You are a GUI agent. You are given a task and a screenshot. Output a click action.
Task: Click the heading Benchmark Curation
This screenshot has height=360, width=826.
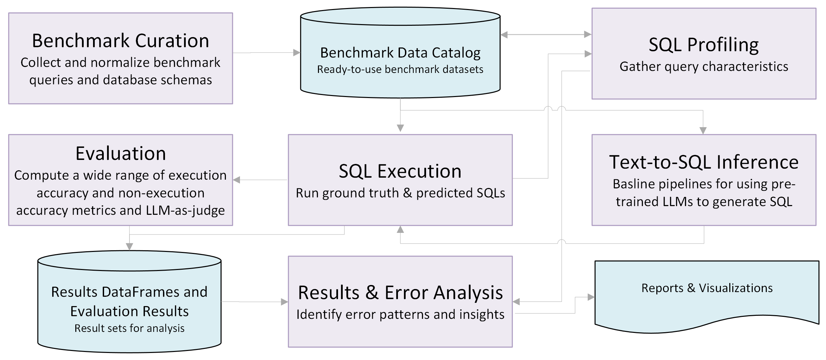tap(120, 41)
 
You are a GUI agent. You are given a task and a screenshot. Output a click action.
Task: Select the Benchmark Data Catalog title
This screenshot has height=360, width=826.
tap(400, 53)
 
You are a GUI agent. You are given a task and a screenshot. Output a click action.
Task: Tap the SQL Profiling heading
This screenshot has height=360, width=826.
tap(704, 45)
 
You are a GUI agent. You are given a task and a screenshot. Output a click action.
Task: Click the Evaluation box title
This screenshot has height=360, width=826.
tap(120, 154)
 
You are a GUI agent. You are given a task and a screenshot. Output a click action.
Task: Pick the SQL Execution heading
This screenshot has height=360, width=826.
tap(400, 171)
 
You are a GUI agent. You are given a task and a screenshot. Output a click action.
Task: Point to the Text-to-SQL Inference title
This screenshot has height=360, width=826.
tap(704, 162)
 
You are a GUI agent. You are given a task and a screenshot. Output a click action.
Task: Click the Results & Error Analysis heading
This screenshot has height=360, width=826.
tap(400, 293)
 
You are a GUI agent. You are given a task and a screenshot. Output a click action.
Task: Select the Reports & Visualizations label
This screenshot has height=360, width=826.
tap(707, 288)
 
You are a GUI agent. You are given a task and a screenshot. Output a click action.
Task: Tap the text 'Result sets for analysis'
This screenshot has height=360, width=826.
tap(130, 328)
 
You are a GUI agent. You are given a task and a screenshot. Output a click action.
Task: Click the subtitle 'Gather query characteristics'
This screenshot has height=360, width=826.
tap(704, 67)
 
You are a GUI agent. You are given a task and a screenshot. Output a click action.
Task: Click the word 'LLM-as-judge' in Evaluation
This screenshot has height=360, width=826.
tap(185, 210)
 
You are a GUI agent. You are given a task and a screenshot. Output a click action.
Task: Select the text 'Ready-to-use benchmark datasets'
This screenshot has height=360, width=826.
tap(400, 70)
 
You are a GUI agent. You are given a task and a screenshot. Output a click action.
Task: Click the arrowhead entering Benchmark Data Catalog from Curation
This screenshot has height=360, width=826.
tap(297, 53)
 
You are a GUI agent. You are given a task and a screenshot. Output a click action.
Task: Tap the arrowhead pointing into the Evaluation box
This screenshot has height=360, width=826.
tap(237, 180)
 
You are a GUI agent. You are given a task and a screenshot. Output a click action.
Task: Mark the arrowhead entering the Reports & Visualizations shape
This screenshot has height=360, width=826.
tap(591, 297)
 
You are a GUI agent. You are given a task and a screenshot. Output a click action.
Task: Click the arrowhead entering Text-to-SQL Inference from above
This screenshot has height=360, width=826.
tap(703, 130)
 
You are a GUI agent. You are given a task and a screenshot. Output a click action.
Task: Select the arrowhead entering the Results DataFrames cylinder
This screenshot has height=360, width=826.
tap(130, 247)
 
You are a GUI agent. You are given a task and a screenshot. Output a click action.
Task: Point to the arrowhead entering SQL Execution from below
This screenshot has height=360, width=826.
tap(400, 230)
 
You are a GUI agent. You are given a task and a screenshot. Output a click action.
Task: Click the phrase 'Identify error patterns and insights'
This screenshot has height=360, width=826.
tap(400, 314)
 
